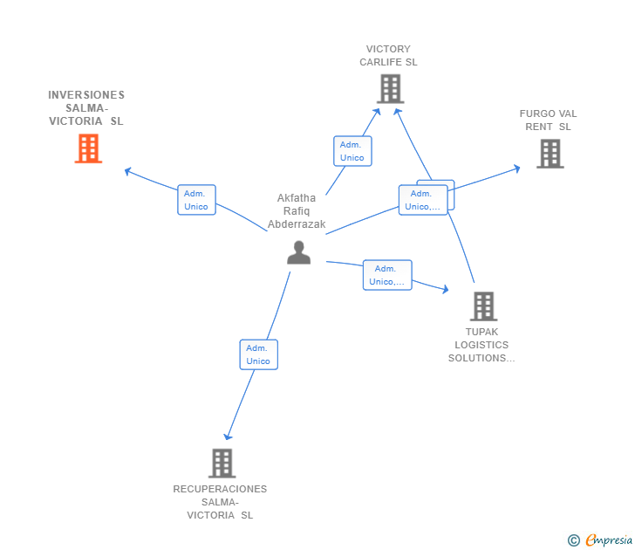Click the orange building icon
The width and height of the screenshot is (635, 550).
(x=88, y=148)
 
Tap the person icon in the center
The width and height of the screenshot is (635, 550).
(x=299, y=252)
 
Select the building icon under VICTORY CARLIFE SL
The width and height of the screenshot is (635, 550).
(x=391, y=88)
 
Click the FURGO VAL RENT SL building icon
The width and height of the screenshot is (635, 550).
(x=550, y=154)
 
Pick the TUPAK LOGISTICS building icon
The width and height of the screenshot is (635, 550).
(x=483, y=306)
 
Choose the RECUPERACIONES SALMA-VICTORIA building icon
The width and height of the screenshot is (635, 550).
(x=222, y=464)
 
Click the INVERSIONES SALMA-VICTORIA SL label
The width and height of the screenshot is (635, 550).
(x=86, y=107)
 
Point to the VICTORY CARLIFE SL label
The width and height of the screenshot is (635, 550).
(x=388, y=56)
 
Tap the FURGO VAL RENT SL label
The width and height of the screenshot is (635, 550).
(x=548, y=120)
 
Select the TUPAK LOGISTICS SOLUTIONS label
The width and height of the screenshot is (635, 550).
(x=481, y=345)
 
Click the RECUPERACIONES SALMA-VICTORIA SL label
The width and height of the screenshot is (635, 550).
(x=220, y=502)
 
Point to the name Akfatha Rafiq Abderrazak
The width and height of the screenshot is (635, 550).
(x=297, y=210)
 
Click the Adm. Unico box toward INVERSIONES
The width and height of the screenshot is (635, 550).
(x=196, y=200)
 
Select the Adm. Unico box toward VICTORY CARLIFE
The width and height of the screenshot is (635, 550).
(x=352, y=151)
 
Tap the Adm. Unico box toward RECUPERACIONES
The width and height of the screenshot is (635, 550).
(x=259, y=354)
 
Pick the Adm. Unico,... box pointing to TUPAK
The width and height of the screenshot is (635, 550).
(x=387, y=275)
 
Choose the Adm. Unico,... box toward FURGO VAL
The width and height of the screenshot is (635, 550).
(x=423, y=200)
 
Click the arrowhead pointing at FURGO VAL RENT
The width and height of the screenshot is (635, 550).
(x=517, y=168)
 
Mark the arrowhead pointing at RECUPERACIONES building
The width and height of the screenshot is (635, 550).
(x=228, y=437)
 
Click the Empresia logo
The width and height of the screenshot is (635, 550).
(x=600, y=540)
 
